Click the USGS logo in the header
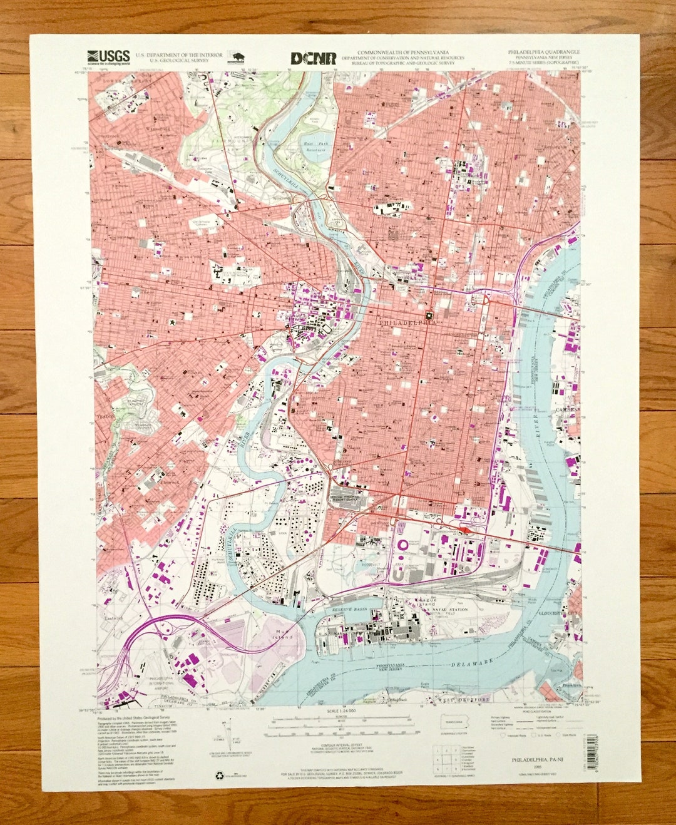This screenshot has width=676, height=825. pyautogui.click(x=109, y=57)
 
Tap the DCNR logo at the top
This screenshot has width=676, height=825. pyautogui.click(x=313, y=58)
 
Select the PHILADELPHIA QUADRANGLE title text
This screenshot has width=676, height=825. pyautogui.click(x=544, y=52)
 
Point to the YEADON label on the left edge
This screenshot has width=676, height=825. pyautogui.click(x=103, y=415)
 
